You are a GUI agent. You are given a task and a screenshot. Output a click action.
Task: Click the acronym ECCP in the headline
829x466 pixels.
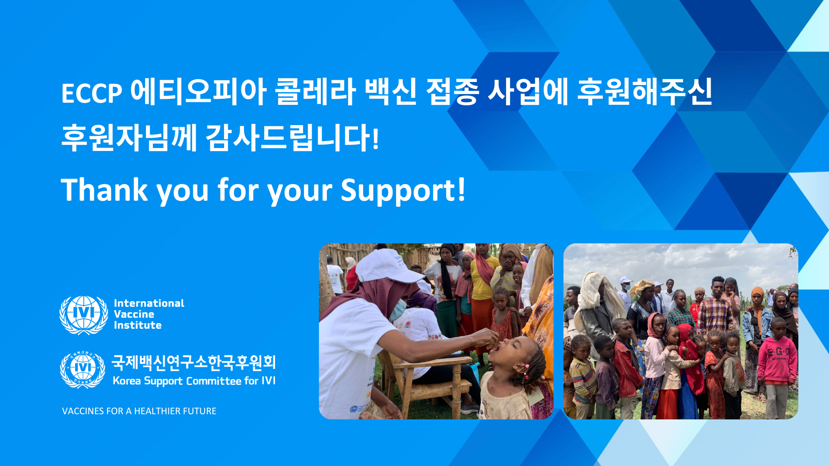pyautogui.click(x=92, y=93)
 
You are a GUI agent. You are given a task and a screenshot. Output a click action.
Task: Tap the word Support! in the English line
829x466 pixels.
pyautogui.click(x=403, y=190)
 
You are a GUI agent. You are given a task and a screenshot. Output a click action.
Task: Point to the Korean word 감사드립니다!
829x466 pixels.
pyautogui.click(x=293, y=138)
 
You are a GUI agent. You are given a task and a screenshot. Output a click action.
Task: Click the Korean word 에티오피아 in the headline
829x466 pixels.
pyautogui.click(x=198, y=91)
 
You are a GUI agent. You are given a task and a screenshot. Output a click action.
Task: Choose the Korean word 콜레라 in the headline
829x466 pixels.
pyautogui.click(x=316, y=91)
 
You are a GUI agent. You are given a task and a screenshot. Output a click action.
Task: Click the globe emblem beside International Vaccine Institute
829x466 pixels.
pyautogui.click(x=84, y=315)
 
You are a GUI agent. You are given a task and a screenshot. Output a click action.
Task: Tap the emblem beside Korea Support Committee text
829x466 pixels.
pyautogui.click(x=82, y=370)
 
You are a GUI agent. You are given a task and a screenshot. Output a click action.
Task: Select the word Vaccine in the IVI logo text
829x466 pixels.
pyautogui.click(x=134, y=314)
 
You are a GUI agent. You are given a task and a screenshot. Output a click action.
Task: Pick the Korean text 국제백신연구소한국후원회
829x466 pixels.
pyautogui.click(x=194, y=363)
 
